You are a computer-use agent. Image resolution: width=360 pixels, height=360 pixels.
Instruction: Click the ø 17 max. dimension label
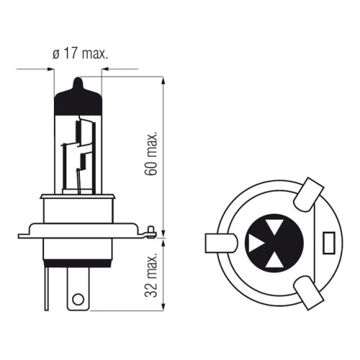(81, 54)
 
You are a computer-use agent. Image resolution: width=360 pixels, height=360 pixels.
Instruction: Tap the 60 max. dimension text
(151, 153)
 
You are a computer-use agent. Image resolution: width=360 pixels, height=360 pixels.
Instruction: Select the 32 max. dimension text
(151, 275)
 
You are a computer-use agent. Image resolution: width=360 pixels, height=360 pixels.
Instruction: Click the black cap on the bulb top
(78, 99)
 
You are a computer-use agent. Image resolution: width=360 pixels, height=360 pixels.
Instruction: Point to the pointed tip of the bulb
(78, 78)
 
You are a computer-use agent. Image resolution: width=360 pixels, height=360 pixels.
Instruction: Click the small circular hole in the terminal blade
(78, 300)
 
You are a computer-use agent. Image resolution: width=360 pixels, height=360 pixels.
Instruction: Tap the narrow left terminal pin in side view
(47, 289)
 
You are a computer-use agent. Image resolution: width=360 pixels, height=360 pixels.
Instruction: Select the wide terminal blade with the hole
(78, 289)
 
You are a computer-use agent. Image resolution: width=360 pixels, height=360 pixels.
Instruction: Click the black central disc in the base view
(274, 243)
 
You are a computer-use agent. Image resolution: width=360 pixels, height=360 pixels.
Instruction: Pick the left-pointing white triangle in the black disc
(255, 243)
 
